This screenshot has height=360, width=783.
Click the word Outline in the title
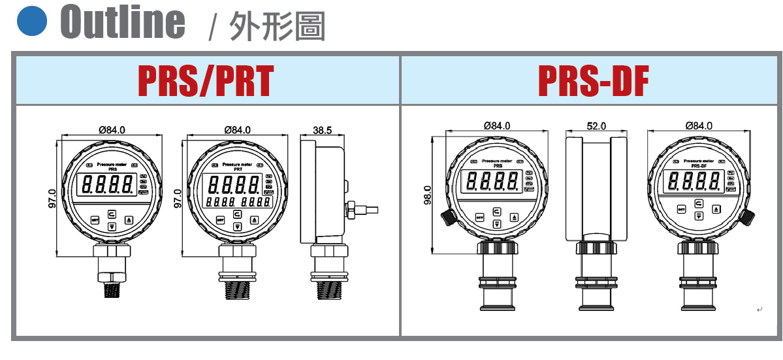(x=123, y=21)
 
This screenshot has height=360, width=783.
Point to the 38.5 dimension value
(x=322, y=130)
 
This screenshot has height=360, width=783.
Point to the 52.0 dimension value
(x=596, y=125)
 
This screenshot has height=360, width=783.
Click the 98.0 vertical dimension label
(x=428, y=194)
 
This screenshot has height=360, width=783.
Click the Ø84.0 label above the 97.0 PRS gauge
(x=112, y=130)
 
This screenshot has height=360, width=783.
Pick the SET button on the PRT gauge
(x=220, y=220)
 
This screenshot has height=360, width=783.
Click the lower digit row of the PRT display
(x=238, y=203)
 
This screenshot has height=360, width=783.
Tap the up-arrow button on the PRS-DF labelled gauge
(x=716, y=209)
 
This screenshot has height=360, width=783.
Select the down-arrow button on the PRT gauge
(x=238, y=226)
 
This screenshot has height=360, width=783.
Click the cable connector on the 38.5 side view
(x=358, y=210)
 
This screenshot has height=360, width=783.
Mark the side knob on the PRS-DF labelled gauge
(x=748, y=217)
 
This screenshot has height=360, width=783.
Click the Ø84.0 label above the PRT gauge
(x=238, y=130)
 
